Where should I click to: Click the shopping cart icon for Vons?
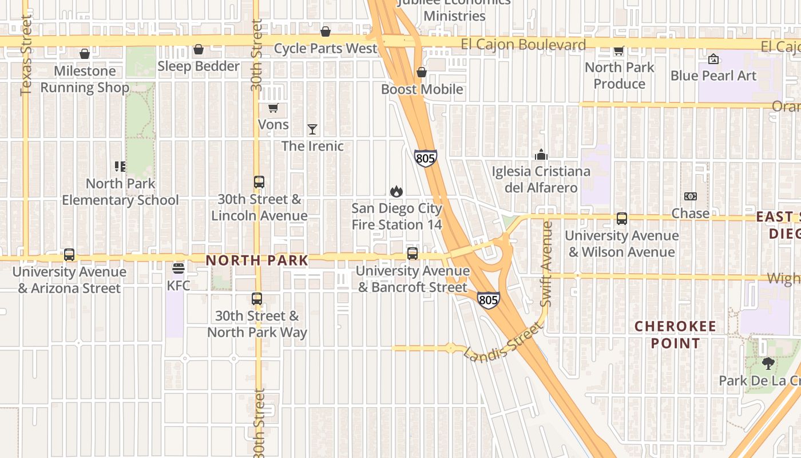273,108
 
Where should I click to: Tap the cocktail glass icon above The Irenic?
312,129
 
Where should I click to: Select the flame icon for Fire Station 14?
396,191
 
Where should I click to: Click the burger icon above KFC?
179,268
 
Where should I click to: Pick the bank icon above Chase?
691,196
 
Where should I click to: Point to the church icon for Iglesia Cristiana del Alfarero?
541,155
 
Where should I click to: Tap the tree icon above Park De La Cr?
768,363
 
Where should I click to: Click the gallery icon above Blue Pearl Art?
713,59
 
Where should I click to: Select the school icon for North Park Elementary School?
120,167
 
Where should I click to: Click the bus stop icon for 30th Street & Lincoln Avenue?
259,182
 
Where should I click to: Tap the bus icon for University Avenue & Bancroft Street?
413,253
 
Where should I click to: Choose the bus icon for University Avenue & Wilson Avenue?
622,218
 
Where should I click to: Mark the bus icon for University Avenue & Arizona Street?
69,255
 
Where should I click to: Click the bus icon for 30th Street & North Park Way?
257,298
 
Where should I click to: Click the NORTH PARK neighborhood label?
257,260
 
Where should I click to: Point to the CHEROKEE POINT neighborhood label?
675,335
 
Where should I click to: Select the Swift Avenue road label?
546,263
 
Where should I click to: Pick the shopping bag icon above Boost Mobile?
422,72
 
